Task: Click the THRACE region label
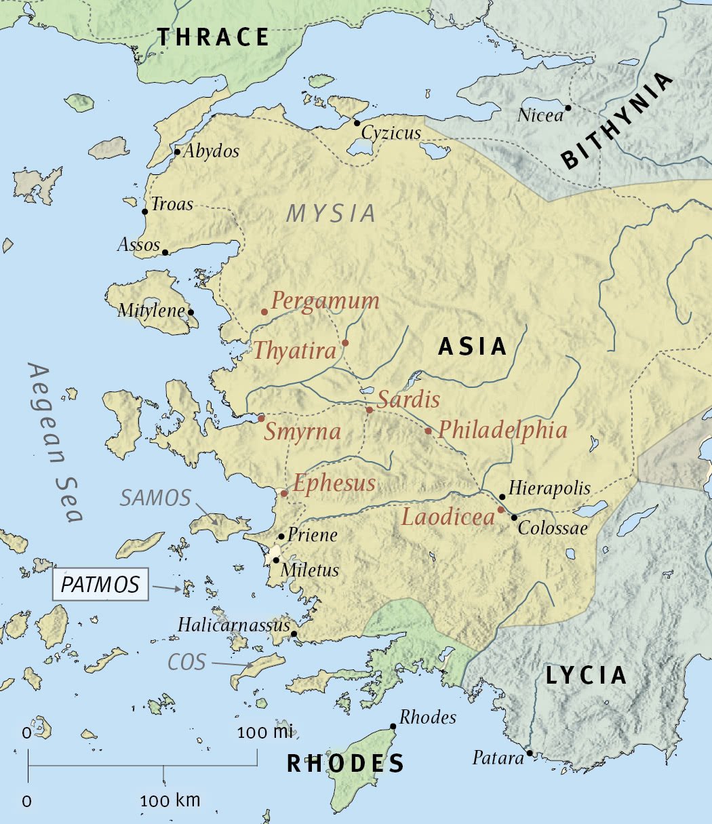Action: click(x=213, y=37)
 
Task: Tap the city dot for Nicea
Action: click(x=568, y=107)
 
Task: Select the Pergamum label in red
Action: click(x=325, y=301)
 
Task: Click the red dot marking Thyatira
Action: click(x=345, y=343)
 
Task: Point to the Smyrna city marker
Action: click(x=261, y=418)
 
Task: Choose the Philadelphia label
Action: click(x=502, y=429)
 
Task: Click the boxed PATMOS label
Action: click(x=100, y=585)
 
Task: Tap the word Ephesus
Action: click(x=334, y=484)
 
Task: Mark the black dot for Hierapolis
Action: click(x=502, y=497)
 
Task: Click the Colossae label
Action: click(x=553, y=528)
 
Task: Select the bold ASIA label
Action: click(x=473, y=347)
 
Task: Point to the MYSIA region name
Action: click(x=331, y=214)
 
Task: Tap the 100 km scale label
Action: click(x=170, y=801)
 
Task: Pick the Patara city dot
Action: click(x=529, y=753)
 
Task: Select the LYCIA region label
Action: click(x=586, y=675)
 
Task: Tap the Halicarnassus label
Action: click(x=234, y=625)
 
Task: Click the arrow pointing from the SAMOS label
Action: click(x=206, y=512)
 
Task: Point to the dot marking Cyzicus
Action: click(x=357, y=123)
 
